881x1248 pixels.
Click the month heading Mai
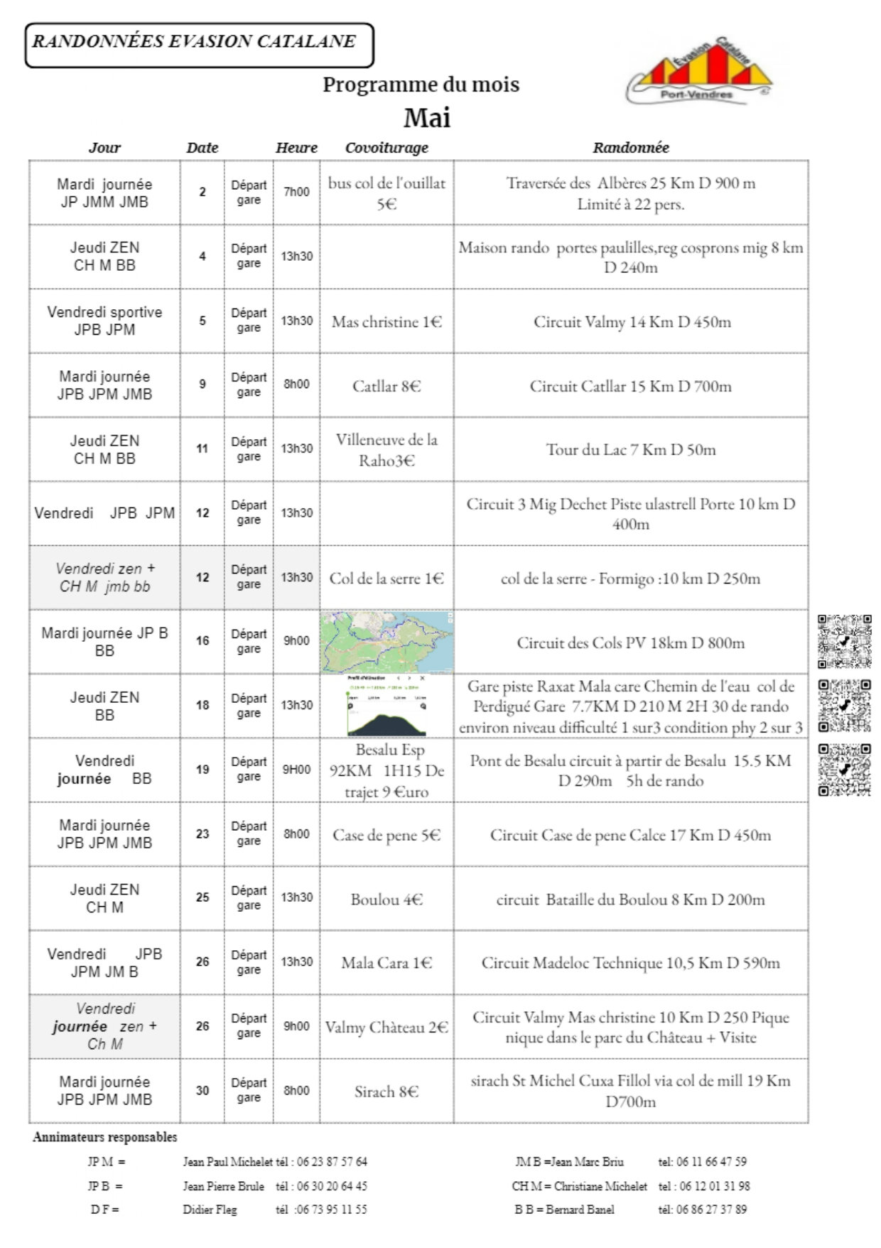(427, 118)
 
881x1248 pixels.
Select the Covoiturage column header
(387, 148)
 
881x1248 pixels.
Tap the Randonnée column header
(631, 148)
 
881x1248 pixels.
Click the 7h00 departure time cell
(296, 192)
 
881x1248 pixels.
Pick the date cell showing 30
(202, 1090)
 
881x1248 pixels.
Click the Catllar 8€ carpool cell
(387, 386)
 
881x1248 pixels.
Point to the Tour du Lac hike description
(631, 450)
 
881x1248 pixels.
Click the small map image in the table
(387, 641)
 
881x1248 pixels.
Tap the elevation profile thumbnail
(387, 706)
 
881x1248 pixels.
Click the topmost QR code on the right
(844, 641)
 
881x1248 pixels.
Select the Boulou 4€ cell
(387, 899)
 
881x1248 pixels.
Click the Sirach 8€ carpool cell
(387, 1092)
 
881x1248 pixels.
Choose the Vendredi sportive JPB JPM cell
(104, 321)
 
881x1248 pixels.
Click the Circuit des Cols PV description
(631, 643)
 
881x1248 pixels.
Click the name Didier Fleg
(210, 1209)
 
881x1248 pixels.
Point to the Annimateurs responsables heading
(105, 1137)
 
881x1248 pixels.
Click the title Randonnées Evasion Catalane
(194, 41)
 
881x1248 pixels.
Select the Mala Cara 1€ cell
(387, 963)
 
